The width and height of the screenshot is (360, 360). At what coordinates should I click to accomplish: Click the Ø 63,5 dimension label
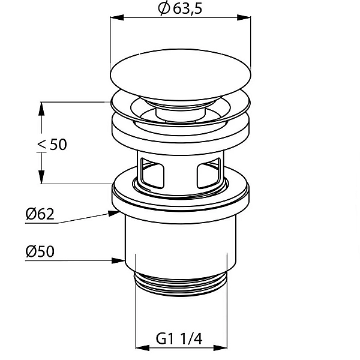point(180,8)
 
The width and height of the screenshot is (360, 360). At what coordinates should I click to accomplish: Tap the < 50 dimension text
point(52,145)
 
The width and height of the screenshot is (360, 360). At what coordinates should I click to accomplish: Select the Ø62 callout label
point(40,214)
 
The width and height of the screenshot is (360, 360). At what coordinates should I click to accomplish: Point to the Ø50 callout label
point(40,251)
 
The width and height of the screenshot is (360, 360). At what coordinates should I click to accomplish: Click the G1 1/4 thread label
point(179,338)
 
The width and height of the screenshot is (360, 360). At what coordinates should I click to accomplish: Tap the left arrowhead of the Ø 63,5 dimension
point(117,17)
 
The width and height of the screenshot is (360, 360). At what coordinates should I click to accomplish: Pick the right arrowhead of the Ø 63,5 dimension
point(244,17)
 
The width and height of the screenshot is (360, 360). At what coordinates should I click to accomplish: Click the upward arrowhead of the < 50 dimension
point(41,109)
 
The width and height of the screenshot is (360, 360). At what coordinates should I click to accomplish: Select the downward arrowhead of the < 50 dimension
point(41,177)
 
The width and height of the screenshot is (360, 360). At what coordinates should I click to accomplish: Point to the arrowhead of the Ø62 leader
point(114,213)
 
